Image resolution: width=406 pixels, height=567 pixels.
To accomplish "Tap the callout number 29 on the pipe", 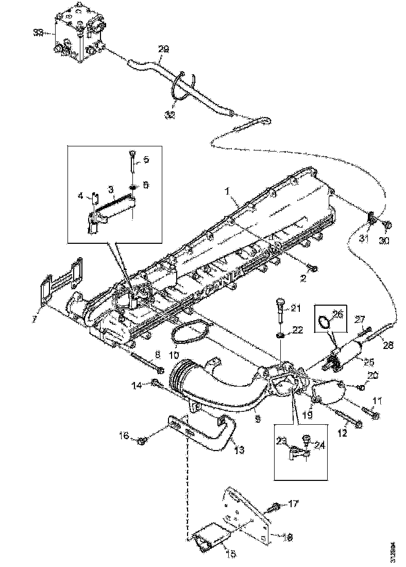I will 163,49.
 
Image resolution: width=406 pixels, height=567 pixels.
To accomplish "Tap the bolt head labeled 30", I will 388,225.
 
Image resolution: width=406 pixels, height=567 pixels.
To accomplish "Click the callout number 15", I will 232,553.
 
